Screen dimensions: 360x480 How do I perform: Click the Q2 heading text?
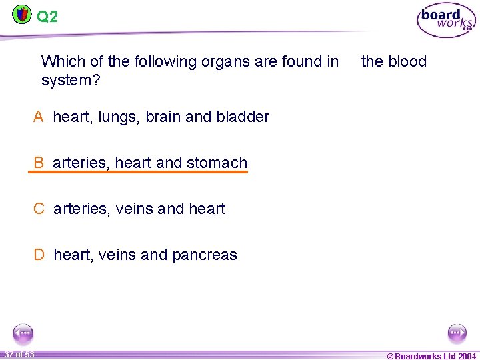point(47,17)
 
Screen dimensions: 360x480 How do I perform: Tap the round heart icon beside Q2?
point(22,14)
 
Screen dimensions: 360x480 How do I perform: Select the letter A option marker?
point(39,117)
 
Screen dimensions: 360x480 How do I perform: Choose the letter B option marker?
point(39,163)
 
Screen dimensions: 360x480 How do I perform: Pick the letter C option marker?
point(39,209)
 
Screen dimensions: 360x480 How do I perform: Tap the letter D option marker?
point(40,255)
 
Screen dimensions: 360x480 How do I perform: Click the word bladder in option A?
point(243,117)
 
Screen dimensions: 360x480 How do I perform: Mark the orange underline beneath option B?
point(137,172)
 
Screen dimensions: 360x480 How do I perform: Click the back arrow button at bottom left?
point(23,333)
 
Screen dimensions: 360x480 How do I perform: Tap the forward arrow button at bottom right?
point(457,333)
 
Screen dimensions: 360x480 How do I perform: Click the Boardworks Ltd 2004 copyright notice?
point(431,356)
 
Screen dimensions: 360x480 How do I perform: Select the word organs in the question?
point(225,62)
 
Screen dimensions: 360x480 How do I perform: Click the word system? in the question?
point(71,81)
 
